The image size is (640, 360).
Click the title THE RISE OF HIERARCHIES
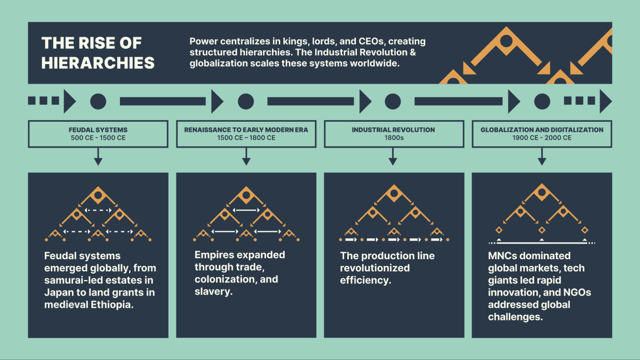(x=98, y=53)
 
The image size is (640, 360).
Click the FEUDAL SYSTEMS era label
(x=98, y=130)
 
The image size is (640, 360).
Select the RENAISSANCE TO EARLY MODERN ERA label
(x=246, y=130)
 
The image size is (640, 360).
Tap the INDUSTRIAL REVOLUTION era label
(x=393, y=130)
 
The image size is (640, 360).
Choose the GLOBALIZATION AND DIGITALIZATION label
(x=542, y=130)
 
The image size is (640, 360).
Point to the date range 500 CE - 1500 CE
(x=98, y=138)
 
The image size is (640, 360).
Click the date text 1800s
(x=393, y=138)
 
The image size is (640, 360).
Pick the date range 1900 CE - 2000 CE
(x=542, y=138)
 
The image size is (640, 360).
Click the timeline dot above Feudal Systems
(x=98, y=101)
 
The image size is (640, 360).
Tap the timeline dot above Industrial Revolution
(x=393, y=101)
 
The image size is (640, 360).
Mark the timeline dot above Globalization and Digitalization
(x=542, y=101)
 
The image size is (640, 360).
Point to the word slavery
(x=213, y=292)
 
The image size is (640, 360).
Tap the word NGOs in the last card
(x=576, y=292)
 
